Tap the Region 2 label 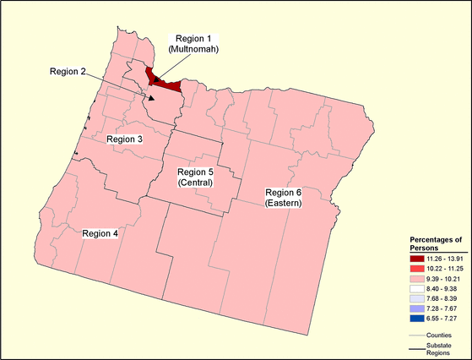tap(68, 70)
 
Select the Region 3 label tap(124, 138)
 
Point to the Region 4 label tap(100, 233)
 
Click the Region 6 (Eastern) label tap(284, 198)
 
